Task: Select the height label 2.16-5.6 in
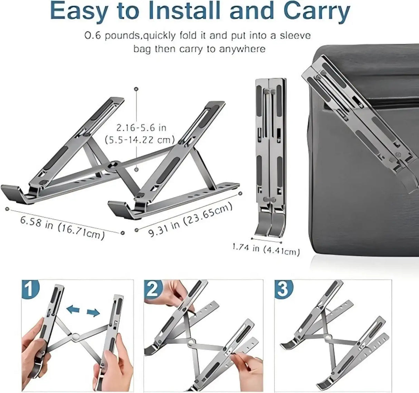pyautogui.click(x=141, y=128)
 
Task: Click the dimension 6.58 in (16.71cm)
pyautogui.click(x=62, y=228)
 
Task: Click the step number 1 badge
pyautogui.click(x=30, y=289)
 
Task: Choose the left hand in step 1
pyautogui.click(x=35, y=348)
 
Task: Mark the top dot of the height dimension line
pyautogui.click(x=137, y=89)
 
